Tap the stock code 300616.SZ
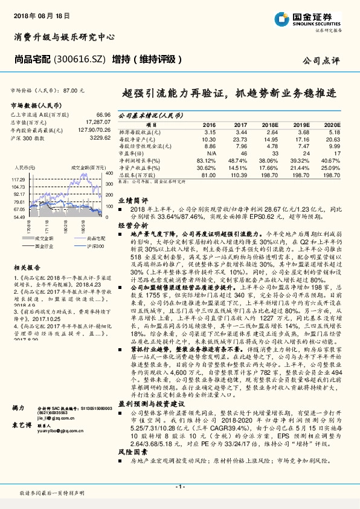(x=80, y=59)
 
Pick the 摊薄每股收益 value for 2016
(x=210, y=131)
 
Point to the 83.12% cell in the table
(x=207, y=161)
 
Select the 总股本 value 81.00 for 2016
(x=208, y=175)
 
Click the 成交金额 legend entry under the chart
(x=45, y=239)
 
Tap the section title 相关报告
(x=26, y=267)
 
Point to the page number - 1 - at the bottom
(x=179, y=487)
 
